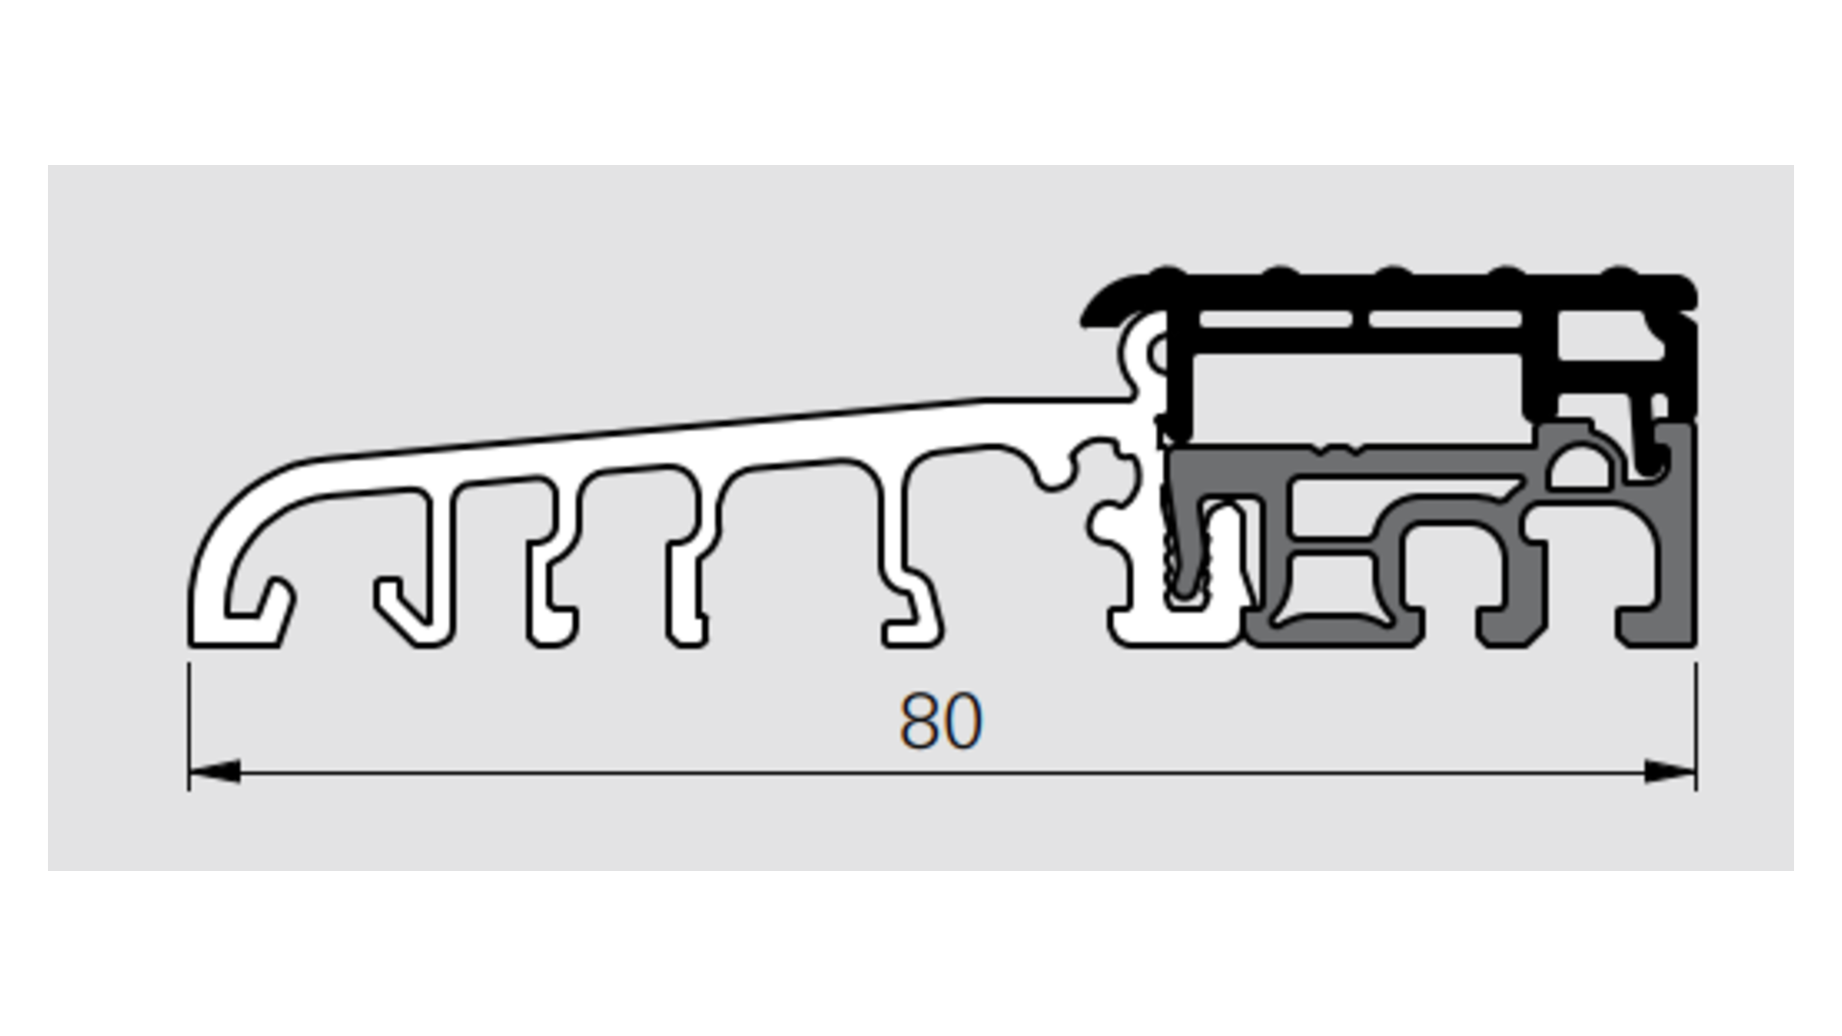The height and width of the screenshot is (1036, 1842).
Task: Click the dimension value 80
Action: pyautogui.click(x=941, y=721)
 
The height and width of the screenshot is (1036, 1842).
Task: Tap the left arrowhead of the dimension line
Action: pyautogui.click(x=214, y=771)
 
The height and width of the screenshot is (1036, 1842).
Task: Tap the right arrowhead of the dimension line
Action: pyautogui.click(x=1670, y=771)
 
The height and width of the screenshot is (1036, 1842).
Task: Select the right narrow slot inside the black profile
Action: pyautogui.click(x=1445, y=318)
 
